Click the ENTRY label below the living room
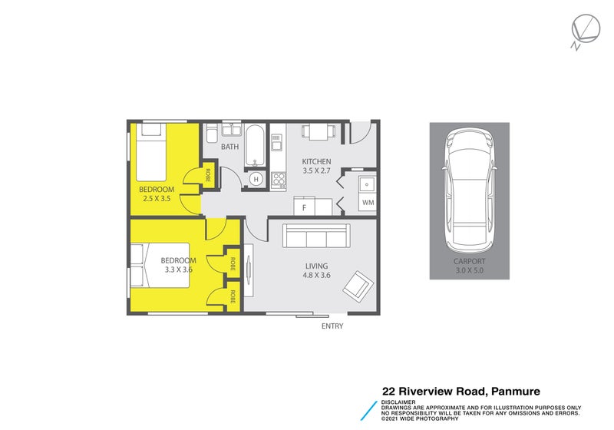click(332, 326)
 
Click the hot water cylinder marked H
click(256, 180)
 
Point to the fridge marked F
click(305, 207)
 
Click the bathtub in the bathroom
click(255, 146)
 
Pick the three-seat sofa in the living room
click(315, 236)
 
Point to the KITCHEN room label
click(316, 161)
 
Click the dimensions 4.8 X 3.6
click(316, 276)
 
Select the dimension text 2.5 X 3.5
click(157, 199)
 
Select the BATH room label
click(229, 147)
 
